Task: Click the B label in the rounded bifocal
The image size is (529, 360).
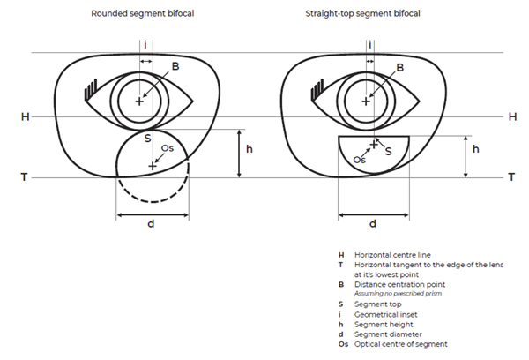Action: [175, 66]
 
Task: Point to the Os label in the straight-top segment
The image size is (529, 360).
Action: [359, 160]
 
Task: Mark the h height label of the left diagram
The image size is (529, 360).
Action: [250, 150]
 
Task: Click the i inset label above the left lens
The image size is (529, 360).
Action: [145, 44]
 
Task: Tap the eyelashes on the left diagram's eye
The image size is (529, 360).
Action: [89, 88]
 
